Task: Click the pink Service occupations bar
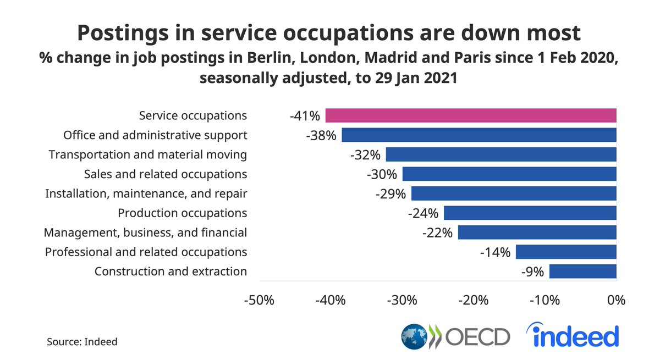pos(470,115)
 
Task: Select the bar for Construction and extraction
pos(583,272)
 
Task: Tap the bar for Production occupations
pos(530,213)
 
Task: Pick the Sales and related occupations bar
pos(509,174)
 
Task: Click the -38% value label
pos(321,135)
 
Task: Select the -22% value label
pos(437,233)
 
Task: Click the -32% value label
pos(366,155)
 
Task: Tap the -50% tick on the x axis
pos(258,301)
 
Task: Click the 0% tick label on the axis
pos(616,301)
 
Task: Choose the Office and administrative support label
pos(155,135)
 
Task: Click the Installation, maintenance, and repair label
pos(146,193)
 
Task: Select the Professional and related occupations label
pos(146,252)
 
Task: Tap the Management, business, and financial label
pos(145,233)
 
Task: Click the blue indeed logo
pos(573,335)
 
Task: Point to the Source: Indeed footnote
pos(82,341)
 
